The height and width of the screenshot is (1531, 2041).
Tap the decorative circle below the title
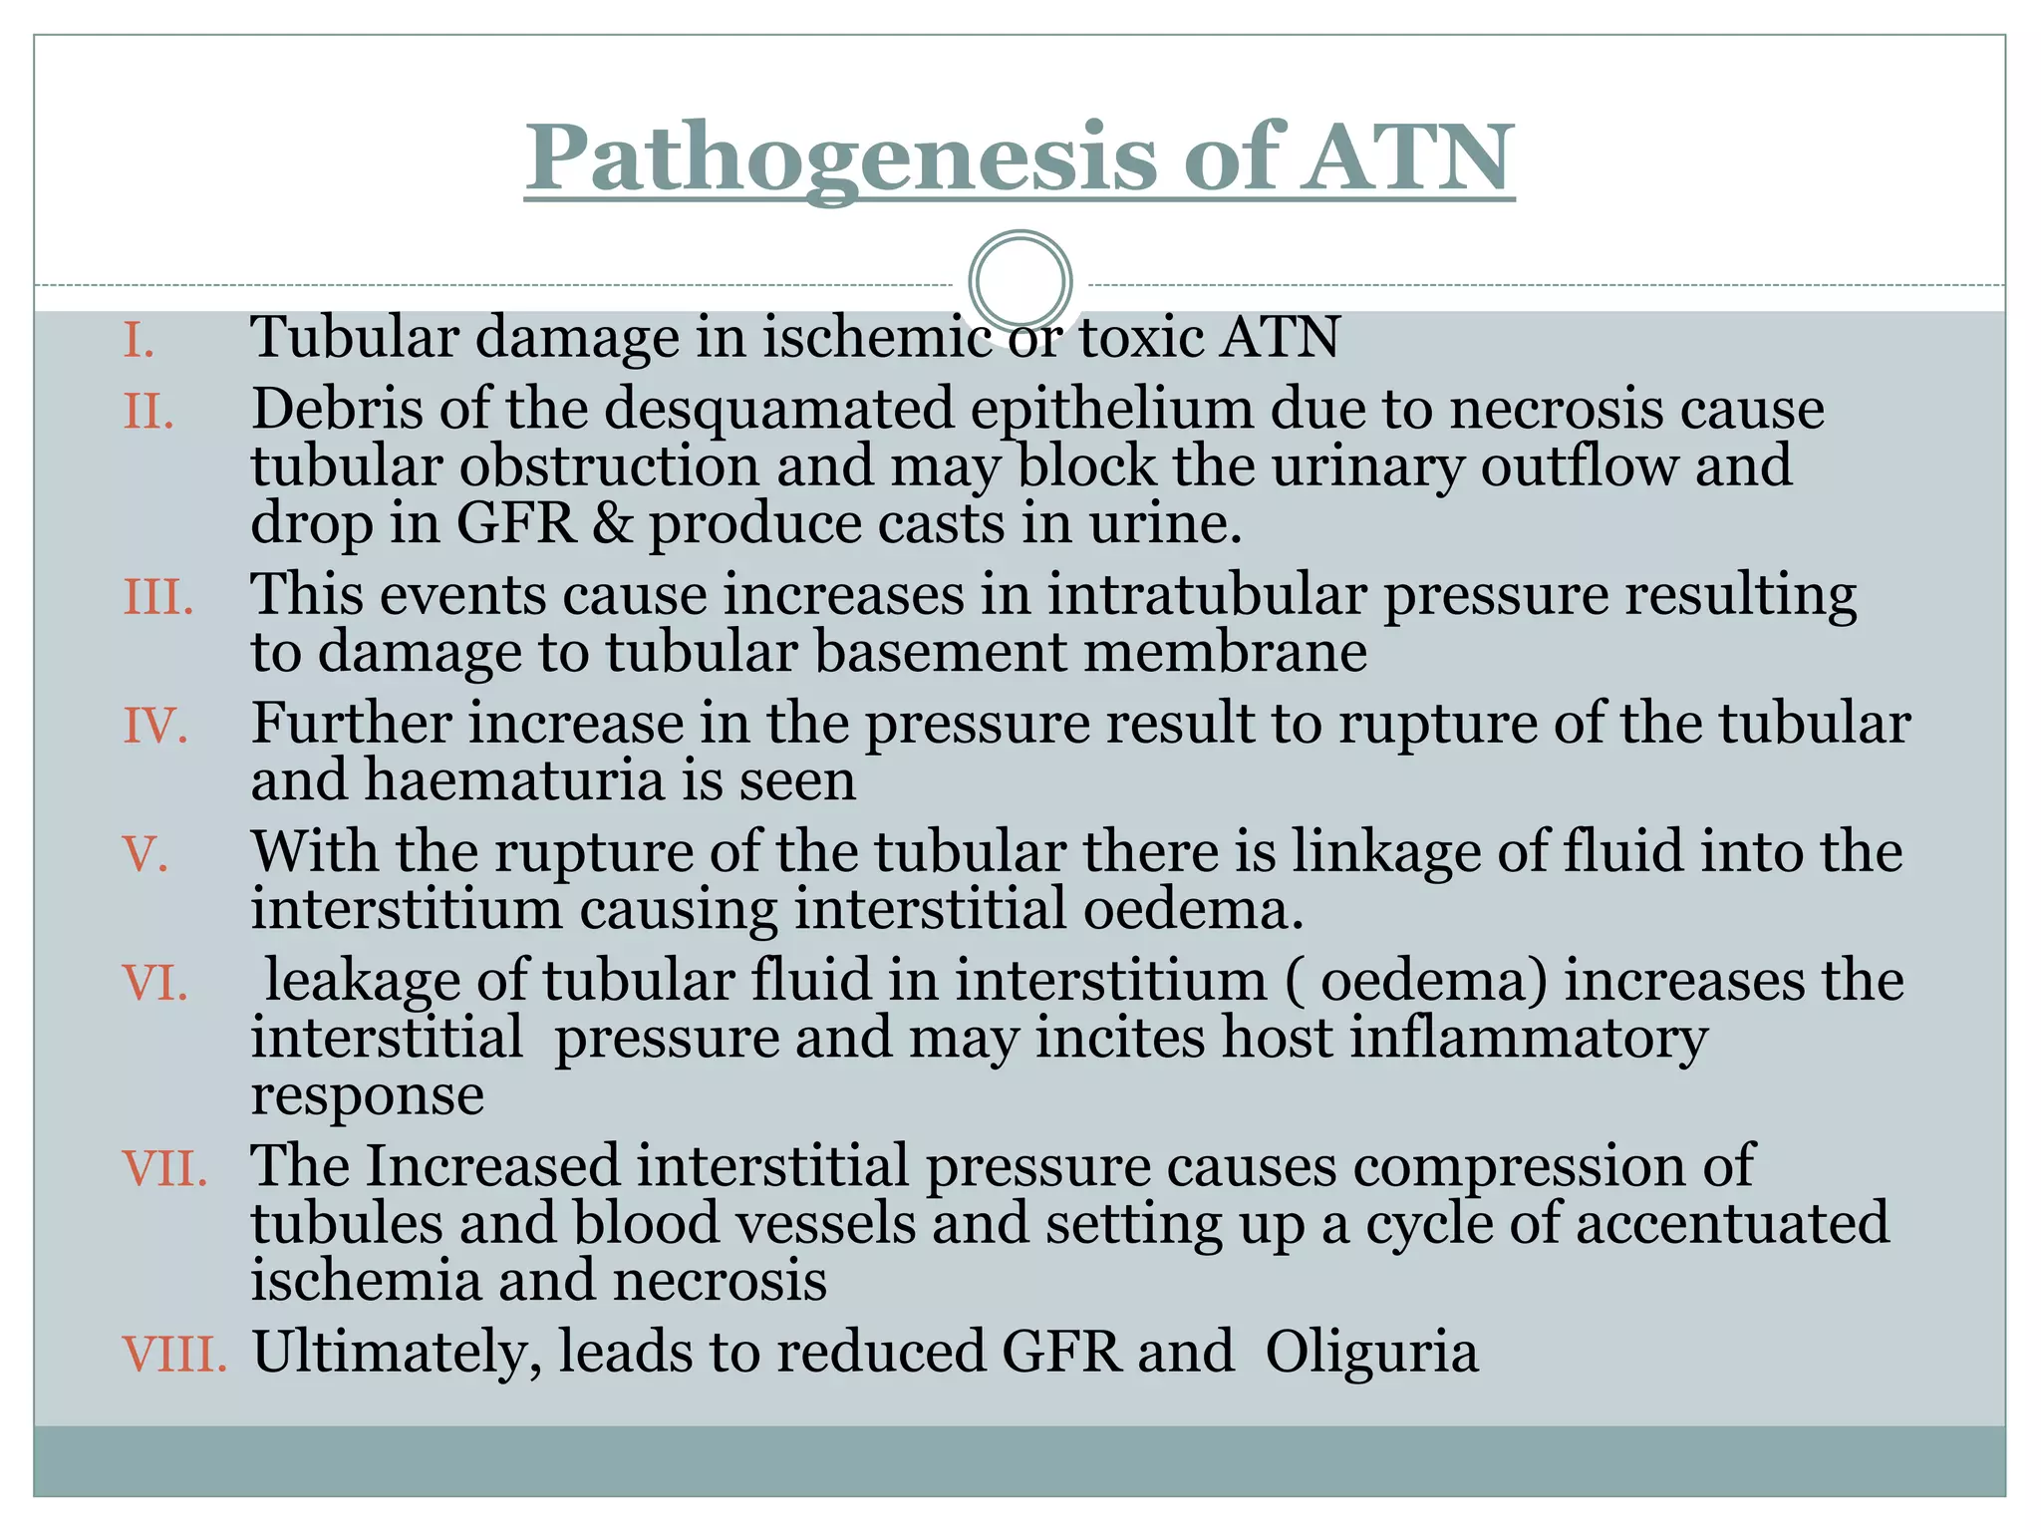point(1020,281)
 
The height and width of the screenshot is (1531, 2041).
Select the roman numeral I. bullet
point(139,340)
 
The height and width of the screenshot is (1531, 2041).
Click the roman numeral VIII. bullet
point(174,1355)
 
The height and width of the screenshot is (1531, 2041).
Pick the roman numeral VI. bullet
point(155,983)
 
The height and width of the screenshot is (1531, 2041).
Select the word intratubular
point(1206,595)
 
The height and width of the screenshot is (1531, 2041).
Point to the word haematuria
point(514,780)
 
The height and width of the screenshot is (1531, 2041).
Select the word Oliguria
point(1371,1353)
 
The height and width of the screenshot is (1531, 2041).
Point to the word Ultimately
point(397,1355)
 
